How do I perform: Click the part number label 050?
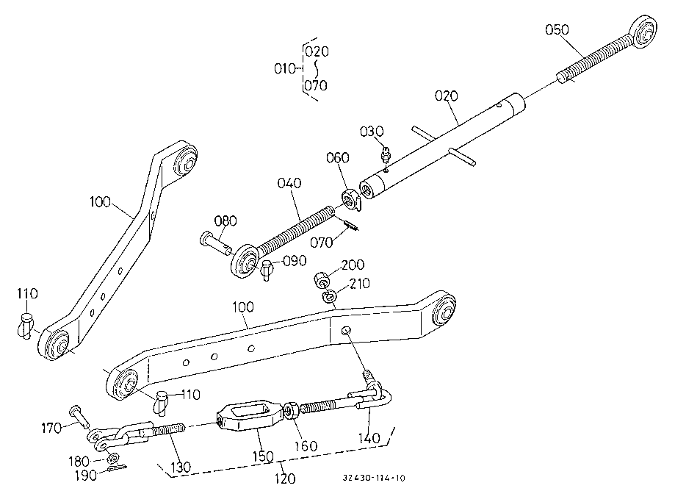557,29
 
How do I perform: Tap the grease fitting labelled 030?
386,154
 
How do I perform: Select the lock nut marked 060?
350,198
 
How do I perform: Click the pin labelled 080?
215,243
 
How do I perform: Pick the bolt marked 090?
267,270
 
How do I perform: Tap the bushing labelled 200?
322,279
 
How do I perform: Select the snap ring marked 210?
329,296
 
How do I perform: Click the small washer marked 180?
113,457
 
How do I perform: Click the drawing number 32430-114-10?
374,478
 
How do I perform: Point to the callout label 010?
285,68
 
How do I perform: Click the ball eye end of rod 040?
245,261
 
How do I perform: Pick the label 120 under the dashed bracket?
284,478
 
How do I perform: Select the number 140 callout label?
369,439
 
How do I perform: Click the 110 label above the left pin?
27,294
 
